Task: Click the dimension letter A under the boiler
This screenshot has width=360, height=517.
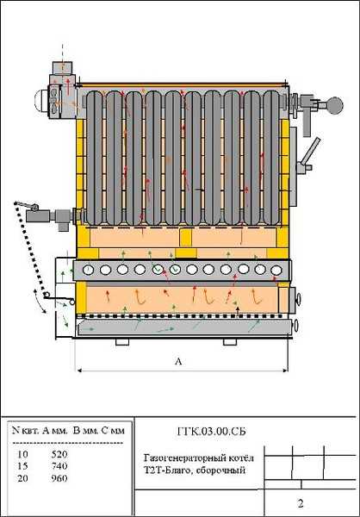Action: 178,361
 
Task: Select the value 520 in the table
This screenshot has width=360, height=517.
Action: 59,454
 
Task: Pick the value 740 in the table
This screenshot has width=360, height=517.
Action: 59,466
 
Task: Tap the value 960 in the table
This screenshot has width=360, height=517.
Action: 59,478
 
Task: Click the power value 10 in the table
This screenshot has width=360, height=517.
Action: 23,454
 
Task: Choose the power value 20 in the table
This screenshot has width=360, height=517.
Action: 23,478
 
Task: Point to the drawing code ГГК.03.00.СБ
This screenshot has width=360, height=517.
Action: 211,432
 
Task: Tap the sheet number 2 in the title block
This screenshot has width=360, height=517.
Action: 300,503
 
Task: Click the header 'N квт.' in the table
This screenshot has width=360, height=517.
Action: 26,431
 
